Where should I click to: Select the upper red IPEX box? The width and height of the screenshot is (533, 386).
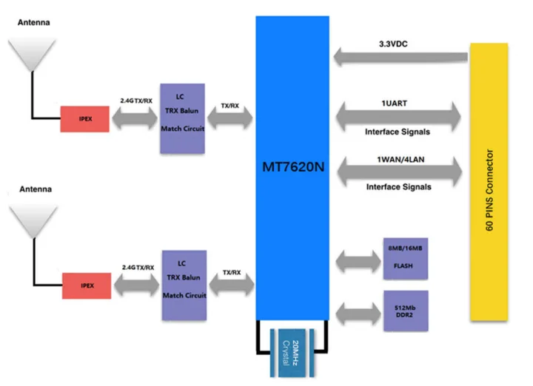click(x=84, y=118)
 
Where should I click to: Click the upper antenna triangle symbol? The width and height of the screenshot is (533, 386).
click(x=31, y=56)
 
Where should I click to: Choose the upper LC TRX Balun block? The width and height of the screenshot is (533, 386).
click(x=182, y=118)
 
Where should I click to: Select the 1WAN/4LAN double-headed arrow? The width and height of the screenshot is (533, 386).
click(x=398, y=172)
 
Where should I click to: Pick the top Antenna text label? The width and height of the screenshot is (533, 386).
click(x=34, y=23)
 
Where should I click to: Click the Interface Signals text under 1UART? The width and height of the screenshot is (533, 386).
click(x=398, y=132)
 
